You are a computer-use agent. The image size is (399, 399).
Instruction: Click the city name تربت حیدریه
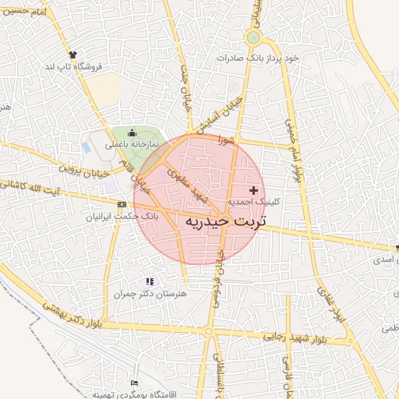click(226, 221)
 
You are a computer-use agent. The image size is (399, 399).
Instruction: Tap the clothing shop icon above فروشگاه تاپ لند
click(73, 55)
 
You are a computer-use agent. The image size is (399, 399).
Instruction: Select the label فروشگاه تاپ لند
click(74, 66)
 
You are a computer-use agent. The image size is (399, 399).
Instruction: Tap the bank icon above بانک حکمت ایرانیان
click(121, 204)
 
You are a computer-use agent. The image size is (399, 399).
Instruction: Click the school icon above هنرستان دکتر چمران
click(150, 281)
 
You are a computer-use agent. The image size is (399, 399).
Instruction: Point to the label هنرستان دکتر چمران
click(150, 294)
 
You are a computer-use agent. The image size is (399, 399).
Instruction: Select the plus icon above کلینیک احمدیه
click(252, 189)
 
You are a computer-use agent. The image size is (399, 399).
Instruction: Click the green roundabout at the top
click(252, 37)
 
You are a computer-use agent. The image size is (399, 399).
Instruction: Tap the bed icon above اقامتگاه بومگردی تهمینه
click(134, 383)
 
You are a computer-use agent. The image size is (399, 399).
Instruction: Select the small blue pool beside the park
click(86, 147)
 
